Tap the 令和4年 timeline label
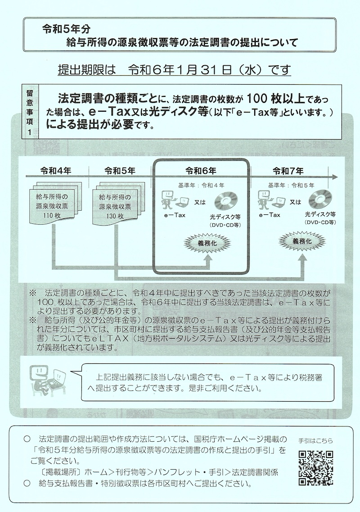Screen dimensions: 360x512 (56, 171)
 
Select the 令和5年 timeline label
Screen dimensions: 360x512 (119, 171)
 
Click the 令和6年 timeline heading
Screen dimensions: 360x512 (201, 171)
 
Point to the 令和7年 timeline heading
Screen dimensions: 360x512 (288, 171)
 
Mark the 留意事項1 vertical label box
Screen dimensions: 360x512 (30, 112)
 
